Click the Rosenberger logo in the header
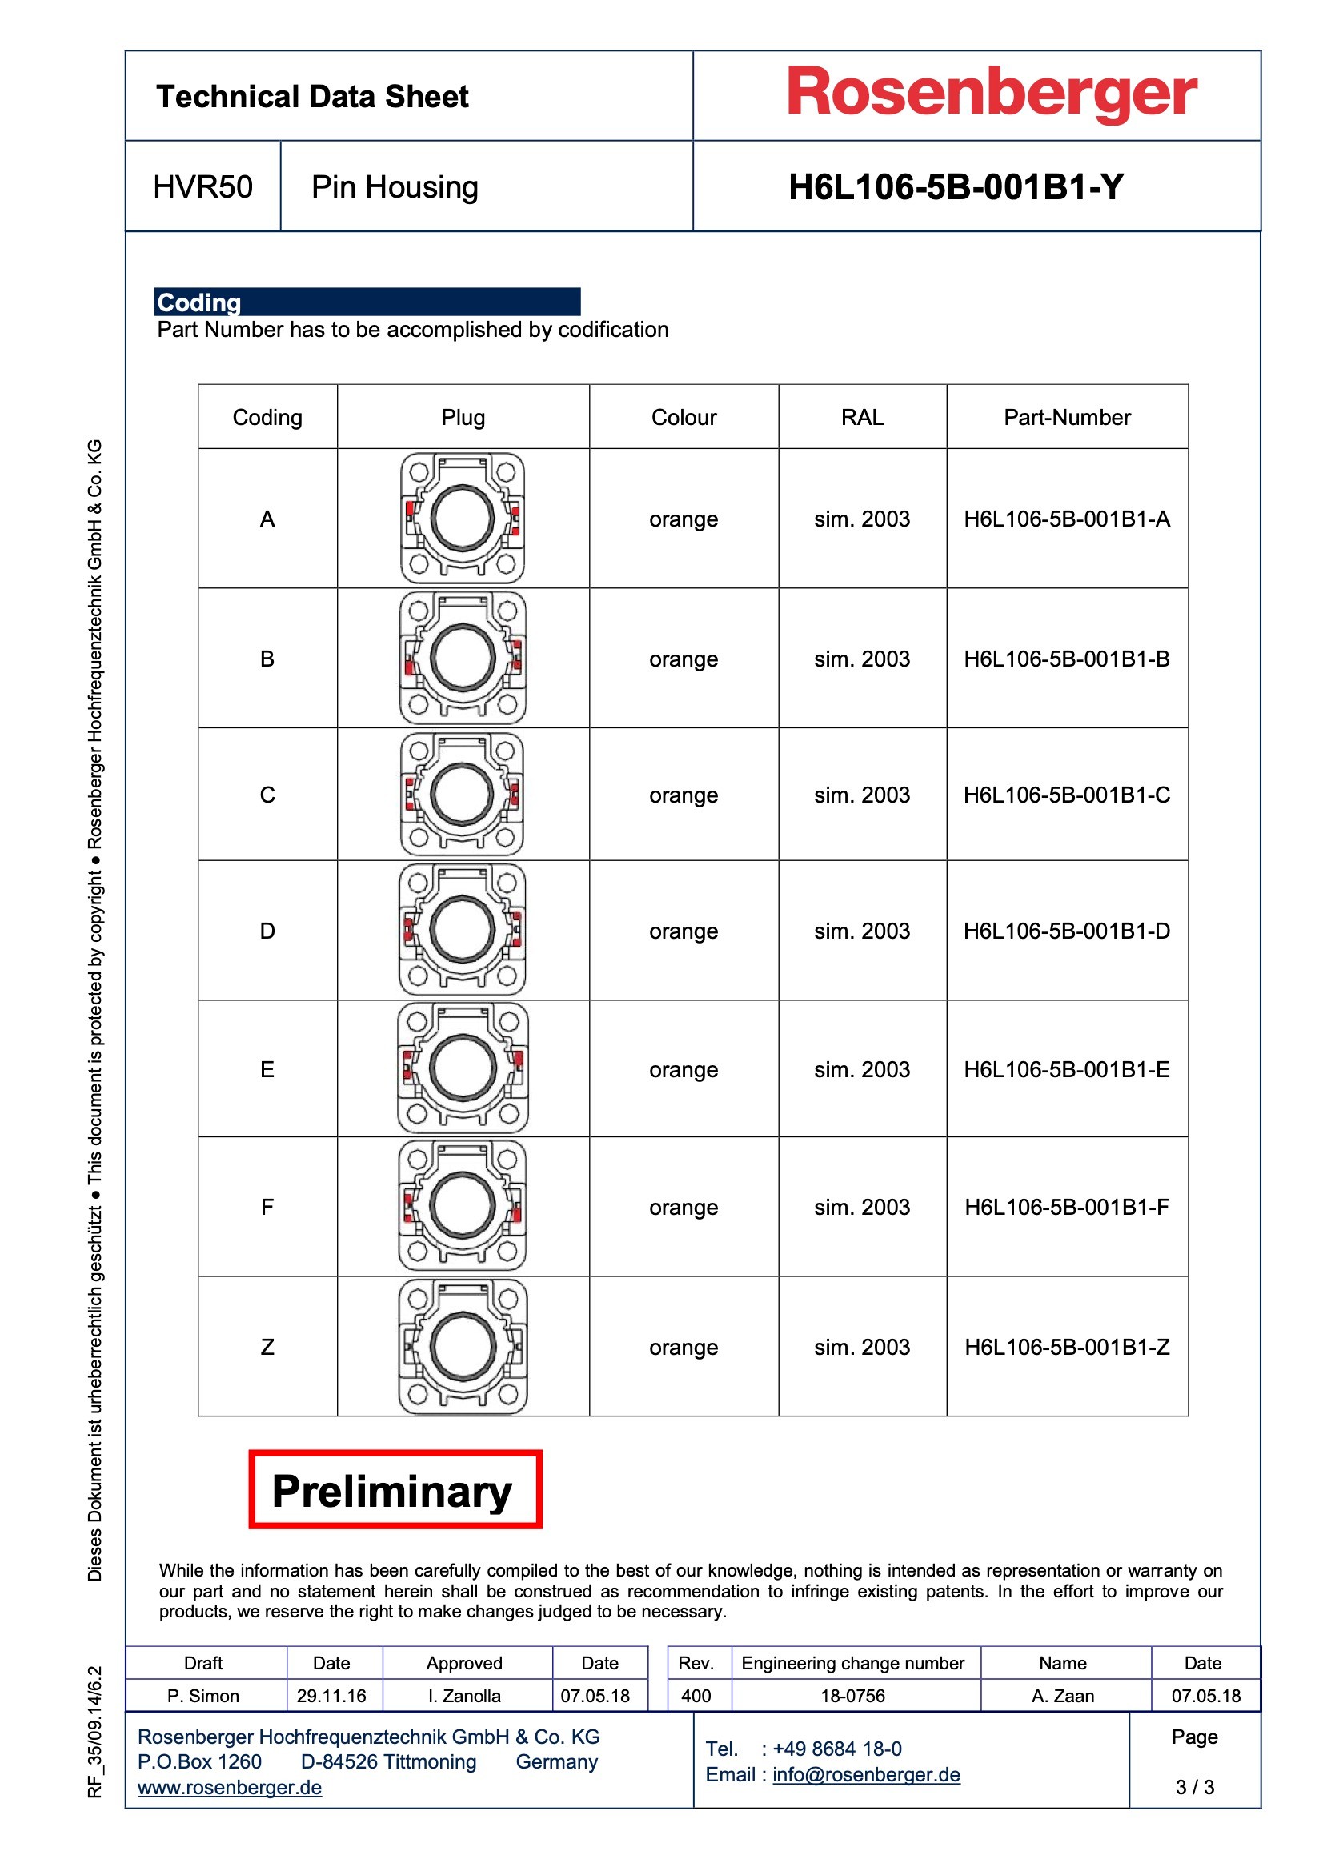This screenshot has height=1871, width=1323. coord(991,94)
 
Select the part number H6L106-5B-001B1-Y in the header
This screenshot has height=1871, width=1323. coord(956,187)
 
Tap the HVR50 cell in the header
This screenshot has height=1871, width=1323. coord(202,187)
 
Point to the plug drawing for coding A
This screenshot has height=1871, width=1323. coord(462,519)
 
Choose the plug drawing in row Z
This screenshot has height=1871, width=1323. coord(462,1346)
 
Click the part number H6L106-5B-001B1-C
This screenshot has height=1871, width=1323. coord(1066,795)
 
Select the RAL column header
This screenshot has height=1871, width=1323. coord(862,417)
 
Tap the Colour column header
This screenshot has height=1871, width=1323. coord(683,417)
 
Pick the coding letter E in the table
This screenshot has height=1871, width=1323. coord(267,1069)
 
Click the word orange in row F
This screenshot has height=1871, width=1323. coord(683,1207)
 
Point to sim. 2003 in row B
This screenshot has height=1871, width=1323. coord(862,659)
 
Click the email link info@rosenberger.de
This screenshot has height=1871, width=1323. coord(866,1774)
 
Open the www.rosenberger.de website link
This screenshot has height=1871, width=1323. coord(229,1787)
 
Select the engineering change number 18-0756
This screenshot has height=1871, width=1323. coord(852,1696)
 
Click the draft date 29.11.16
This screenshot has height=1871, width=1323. coord(331,1696)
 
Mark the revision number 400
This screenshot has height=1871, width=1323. coord(696,1696)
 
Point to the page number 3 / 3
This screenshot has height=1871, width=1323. coord(1194,1787)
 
